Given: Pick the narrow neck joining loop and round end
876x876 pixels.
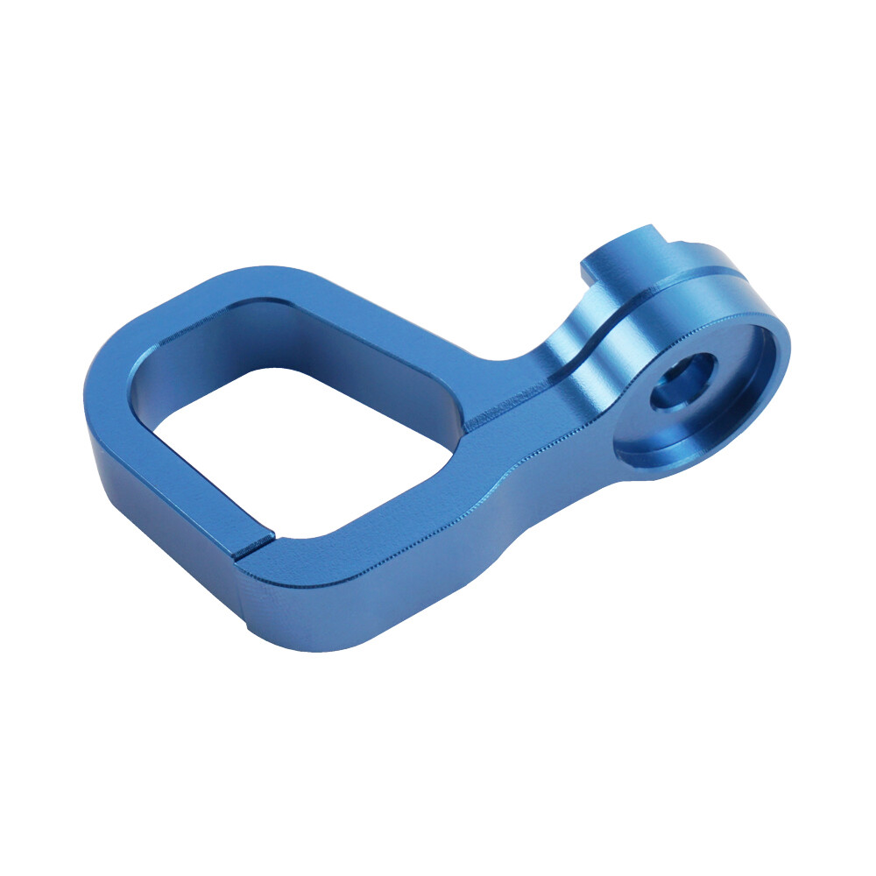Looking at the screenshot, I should (526, 412).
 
